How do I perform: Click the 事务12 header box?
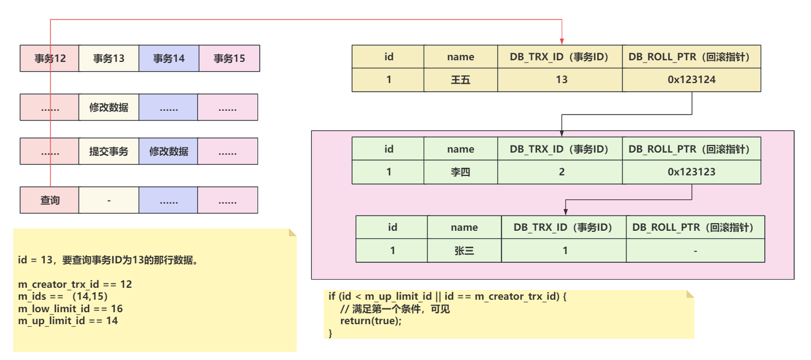pos(49,58)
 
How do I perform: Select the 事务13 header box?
pos(109,58)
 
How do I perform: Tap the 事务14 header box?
pos(169,58)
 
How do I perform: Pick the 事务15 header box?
pos(229,58)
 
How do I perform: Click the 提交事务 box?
pos(109,151)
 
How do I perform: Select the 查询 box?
pos(49,200)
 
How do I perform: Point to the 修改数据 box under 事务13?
pos(109,107)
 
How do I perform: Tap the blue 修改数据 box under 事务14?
pos(169,151)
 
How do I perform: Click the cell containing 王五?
pos(461,80)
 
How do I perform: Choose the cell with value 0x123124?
pos(691,80)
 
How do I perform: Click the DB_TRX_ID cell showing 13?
pos(560,80)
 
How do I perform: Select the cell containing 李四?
pos(461,172)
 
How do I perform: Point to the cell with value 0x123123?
pos(691,172)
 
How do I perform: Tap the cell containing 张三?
pos(464,250)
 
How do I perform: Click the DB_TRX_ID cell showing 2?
pos(560,172)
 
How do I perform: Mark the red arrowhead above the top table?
pos(562,42)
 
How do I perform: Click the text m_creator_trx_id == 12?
pos(75,285)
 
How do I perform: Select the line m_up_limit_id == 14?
pos(68,321)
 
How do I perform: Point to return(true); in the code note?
pos(371,321)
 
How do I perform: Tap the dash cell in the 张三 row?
pos(695,250)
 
